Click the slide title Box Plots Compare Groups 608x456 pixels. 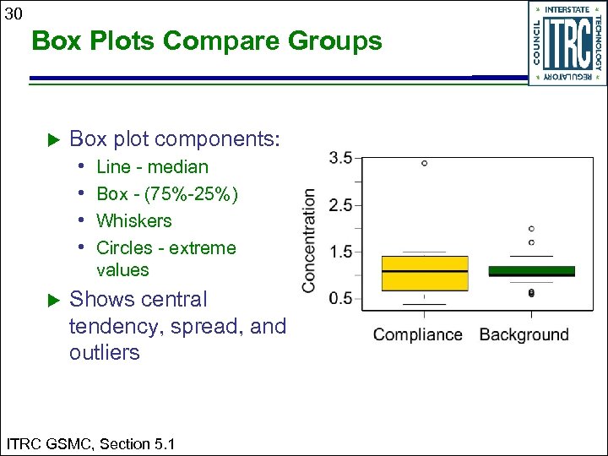point(207,41)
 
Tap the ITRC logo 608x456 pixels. point(567,42)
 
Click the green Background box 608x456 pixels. point(531,271)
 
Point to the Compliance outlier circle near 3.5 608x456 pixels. point(424,163)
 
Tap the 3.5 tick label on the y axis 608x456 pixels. point(340,158)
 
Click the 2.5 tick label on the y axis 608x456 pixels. point(340,205)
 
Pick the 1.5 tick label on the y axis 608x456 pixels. point(340,252)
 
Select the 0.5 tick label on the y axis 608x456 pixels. point(340,298)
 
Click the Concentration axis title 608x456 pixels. point(310,241)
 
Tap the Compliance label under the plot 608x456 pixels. point(418,334)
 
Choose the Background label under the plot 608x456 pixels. point(524,334)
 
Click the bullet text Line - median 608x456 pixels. point(152,167)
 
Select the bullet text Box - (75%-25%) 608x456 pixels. point(167,194)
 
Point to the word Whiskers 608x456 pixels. point(133,221)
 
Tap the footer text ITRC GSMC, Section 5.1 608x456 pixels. point(90,443)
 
